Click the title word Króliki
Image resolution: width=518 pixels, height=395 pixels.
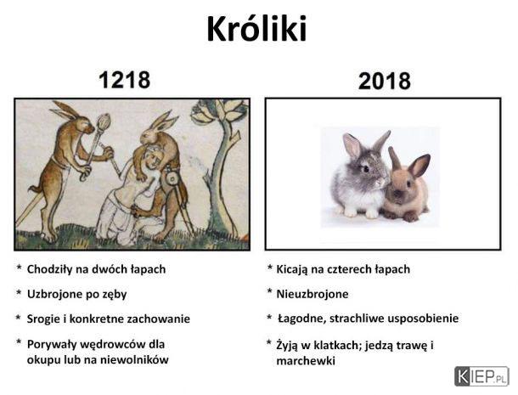(x=256, y=28)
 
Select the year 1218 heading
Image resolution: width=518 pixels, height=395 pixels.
(x=125, y=80)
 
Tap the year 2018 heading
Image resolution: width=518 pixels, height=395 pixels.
(x=384, y=81)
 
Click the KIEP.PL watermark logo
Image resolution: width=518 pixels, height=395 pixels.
(x=481, y=376)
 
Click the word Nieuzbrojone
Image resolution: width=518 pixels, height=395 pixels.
(x=312, y=294)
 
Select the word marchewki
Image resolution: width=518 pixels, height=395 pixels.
(x=306, y=361)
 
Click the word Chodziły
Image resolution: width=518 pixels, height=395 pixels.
(x=49, y=269)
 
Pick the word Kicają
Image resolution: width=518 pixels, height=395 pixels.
(x=292, y=269)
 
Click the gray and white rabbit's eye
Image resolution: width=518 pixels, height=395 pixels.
(x=366, y=169)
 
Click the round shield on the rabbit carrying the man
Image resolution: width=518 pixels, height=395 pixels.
(x=172, y=179)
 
